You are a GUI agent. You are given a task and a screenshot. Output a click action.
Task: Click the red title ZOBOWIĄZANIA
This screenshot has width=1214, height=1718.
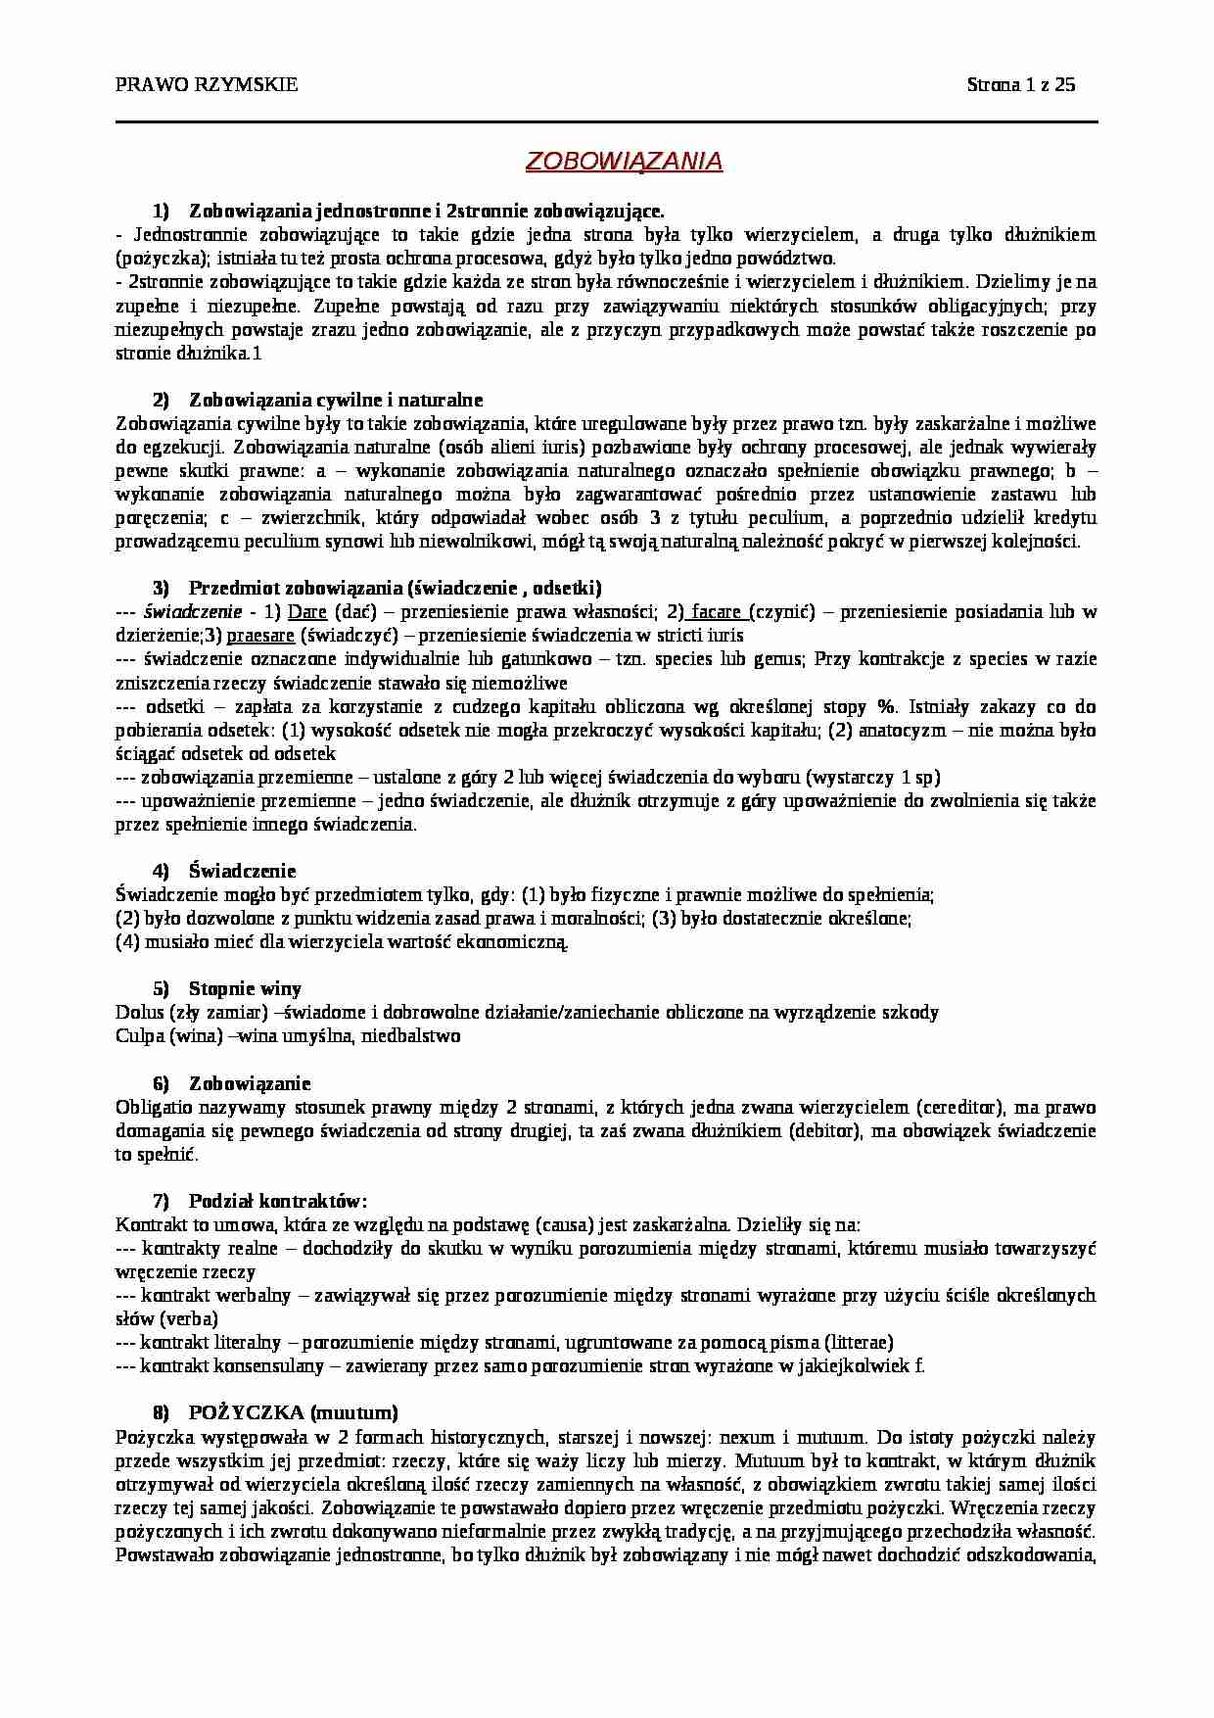coord(624,162)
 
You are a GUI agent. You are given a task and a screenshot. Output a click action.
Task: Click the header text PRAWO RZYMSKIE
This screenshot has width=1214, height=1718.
coord(207,84)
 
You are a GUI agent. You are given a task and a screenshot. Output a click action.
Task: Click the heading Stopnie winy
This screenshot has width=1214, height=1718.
coord(245,988)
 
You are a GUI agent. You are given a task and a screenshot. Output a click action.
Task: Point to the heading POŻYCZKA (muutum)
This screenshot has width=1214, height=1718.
coord(293,1412)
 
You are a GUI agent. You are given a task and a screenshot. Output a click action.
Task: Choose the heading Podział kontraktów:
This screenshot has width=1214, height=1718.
coord(278,1201)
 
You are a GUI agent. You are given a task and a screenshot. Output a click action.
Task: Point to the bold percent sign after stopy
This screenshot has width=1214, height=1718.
coord(886,706)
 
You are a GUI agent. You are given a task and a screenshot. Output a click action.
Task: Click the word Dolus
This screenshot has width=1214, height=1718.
coord(138,1012)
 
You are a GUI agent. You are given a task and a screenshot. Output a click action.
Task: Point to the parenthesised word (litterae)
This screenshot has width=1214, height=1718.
coord(859,1342)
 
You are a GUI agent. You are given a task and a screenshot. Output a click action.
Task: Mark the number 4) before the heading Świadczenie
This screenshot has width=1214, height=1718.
coord(162,871)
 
